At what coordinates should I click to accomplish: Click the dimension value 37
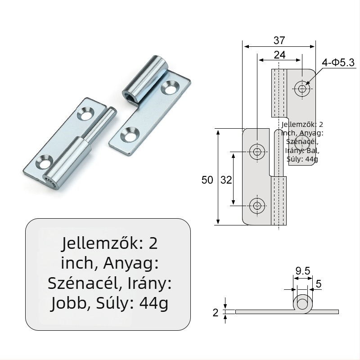pos(279,40)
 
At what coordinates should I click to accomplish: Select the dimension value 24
pos(279,55)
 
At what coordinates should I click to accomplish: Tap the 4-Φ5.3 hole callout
pos(338,63)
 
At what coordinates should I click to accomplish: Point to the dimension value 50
pos(207,180)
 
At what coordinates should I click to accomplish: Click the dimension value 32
pos(226,180)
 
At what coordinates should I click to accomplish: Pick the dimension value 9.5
pos(302,271)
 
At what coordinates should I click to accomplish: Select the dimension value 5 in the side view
pos(319,284)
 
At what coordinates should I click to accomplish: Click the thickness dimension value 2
pos(215,312)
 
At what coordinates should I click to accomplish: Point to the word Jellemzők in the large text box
pos(97,243)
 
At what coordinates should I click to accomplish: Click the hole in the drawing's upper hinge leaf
pos(302,89)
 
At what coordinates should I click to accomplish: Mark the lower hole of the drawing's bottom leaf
pos(257,206)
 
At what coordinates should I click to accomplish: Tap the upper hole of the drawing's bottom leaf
pos(257,152)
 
